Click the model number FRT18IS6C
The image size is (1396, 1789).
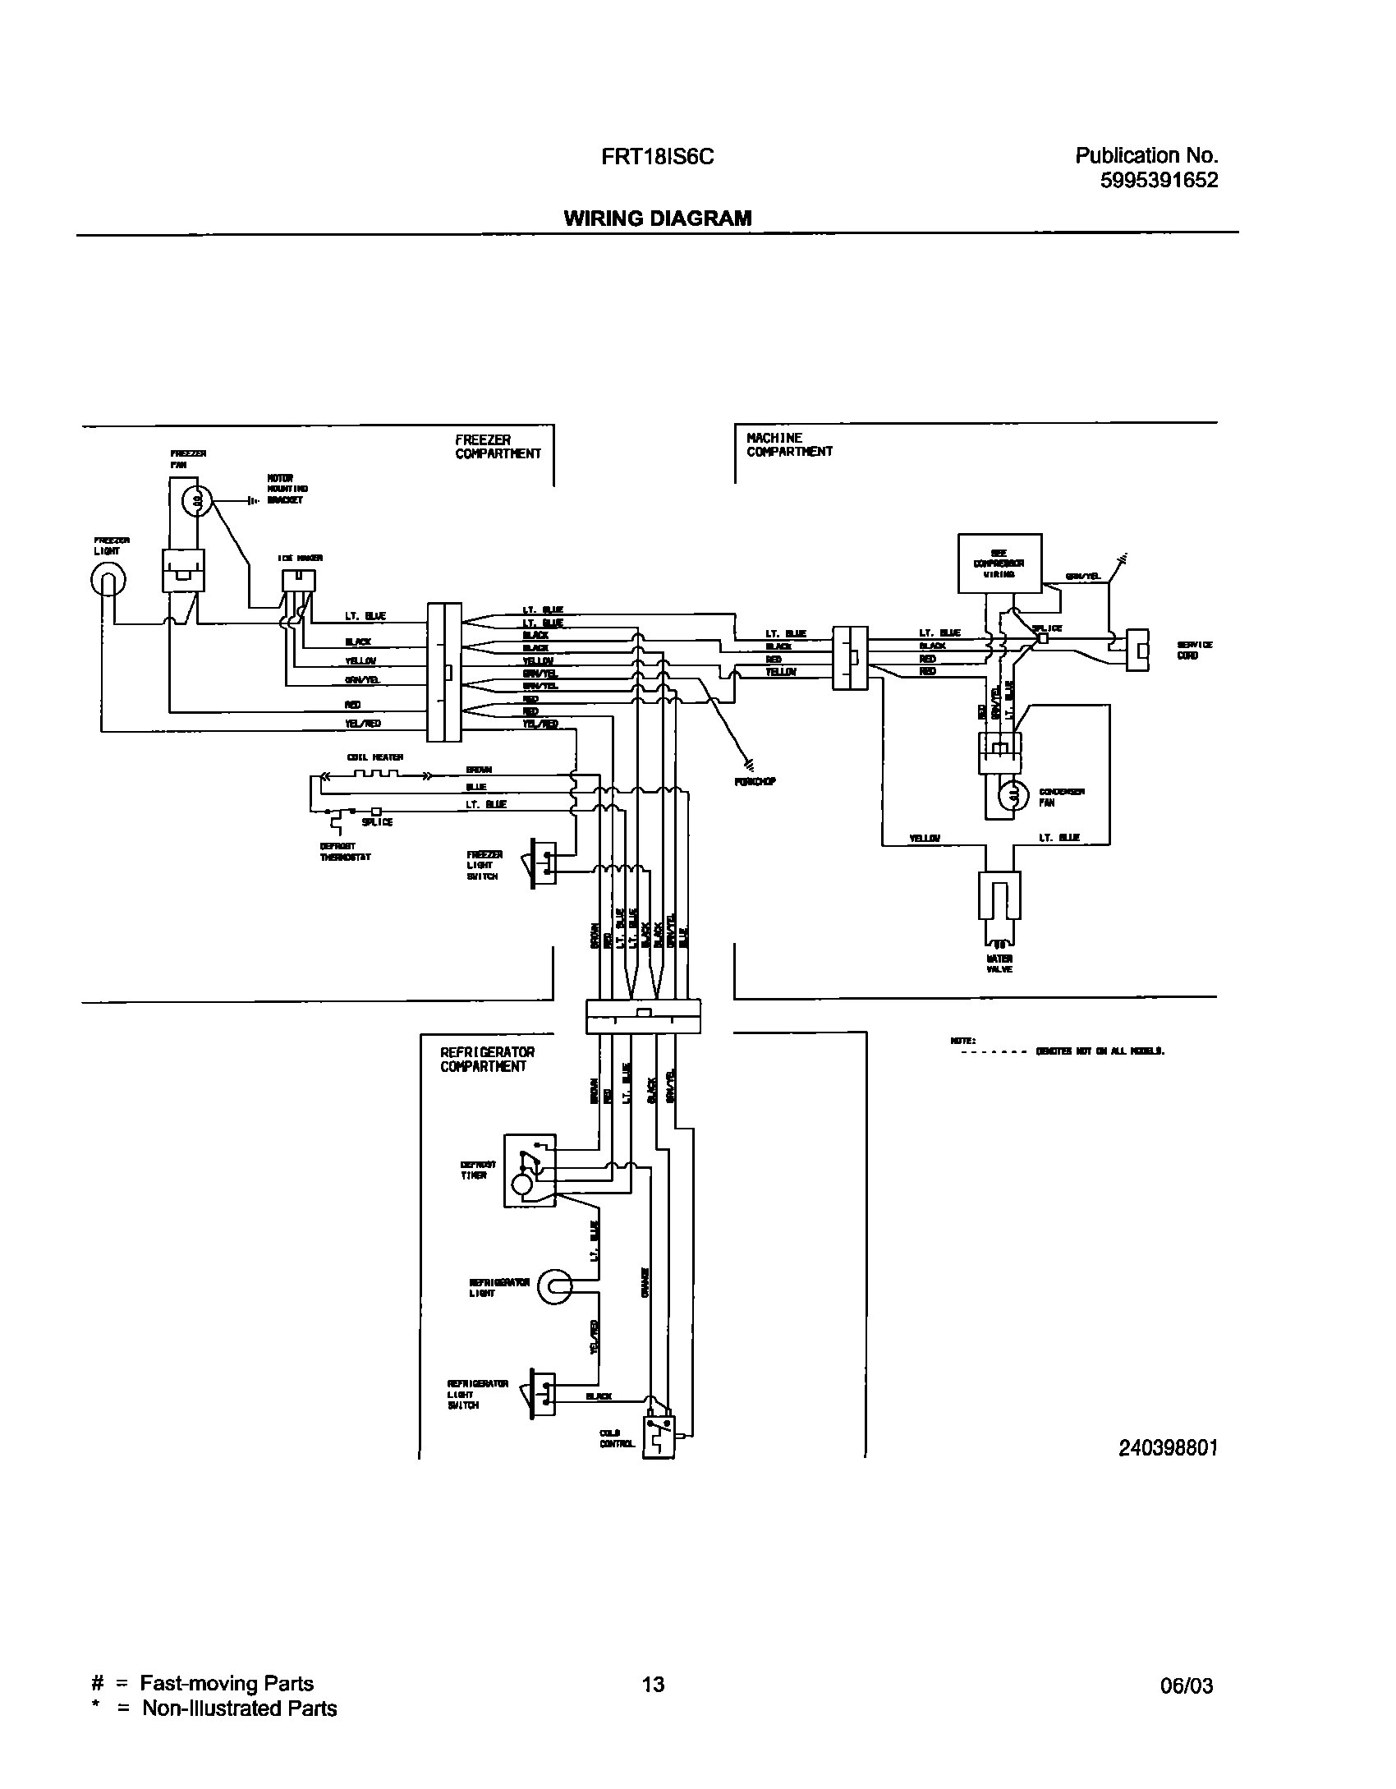(x=657, y=156)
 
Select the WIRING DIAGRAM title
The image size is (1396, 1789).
(x=657, y=218)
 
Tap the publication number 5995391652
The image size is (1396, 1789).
(x=1159, y=180)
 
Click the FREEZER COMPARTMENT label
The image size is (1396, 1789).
(x=498, y=447)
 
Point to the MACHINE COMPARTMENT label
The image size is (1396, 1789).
(x=789, y=444)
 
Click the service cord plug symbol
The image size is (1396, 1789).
(x=1137, y=650)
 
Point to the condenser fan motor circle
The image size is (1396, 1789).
(x=1013, y=794)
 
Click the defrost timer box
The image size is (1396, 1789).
(x=529, y=1171)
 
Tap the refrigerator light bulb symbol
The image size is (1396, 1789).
(x=554, y=1287)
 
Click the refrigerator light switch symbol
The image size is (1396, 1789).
(x=543, y=1394)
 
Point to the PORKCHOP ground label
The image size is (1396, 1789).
(x=755, y=782)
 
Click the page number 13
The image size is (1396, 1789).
(x=653, y=1684)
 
